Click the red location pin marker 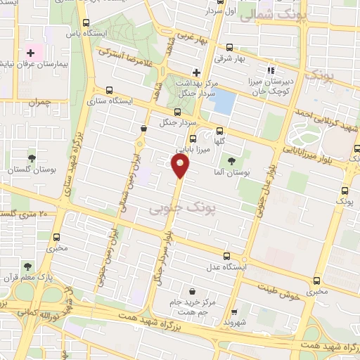(181, 167)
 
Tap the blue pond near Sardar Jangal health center (224, 103)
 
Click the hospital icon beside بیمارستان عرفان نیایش (31, 53)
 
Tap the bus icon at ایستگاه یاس (86, 22)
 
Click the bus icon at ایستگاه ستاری (108, 90)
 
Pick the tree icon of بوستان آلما (232, 145)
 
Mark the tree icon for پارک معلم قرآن (27, 267)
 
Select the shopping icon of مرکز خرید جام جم (192, 290)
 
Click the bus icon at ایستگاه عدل (226, 256)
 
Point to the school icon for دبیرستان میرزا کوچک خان (271, 70)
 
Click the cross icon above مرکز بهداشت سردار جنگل (196, 72)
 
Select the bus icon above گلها (220, 131)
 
